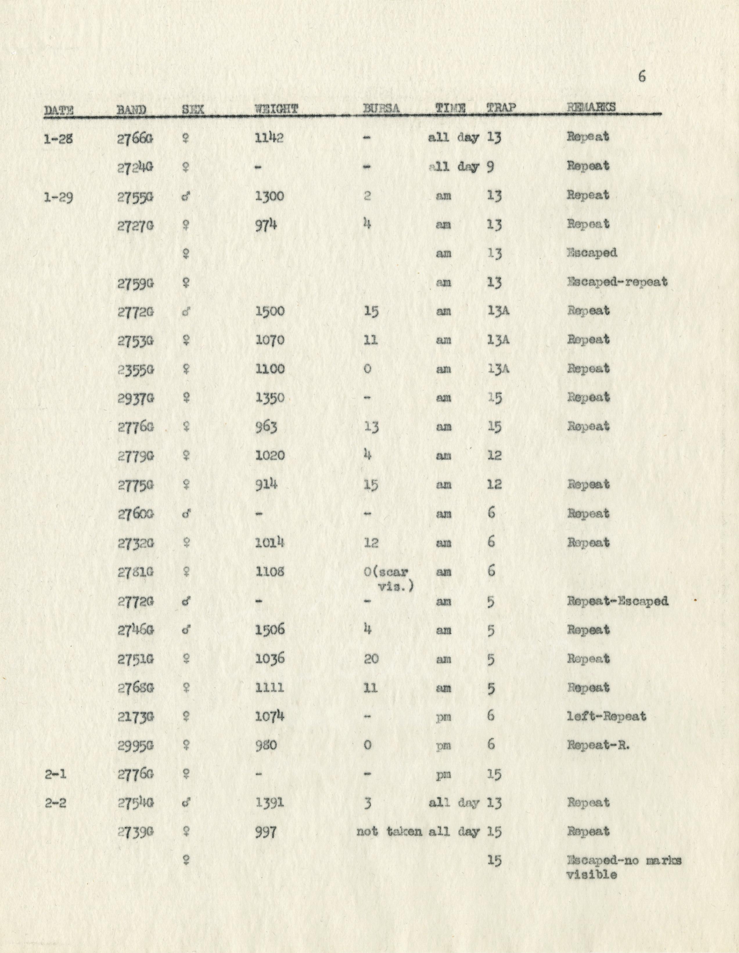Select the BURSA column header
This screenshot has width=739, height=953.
pos(381,108)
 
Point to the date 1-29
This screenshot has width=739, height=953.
pos(59,197)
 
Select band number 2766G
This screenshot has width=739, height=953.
pos(135,138)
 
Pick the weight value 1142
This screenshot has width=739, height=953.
pos(269,138)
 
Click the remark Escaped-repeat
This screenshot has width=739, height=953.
pos(617,282)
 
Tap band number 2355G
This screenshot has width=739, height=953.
pos(135,370)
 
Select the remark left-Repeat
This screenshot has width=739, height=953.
pos(606,716)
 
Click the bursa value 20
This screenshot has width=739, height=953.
pos(371,659)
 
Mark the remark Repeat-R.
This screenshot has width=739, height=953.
pos(598,745)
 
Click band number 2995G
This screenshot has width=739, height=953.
pos(135,745)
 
